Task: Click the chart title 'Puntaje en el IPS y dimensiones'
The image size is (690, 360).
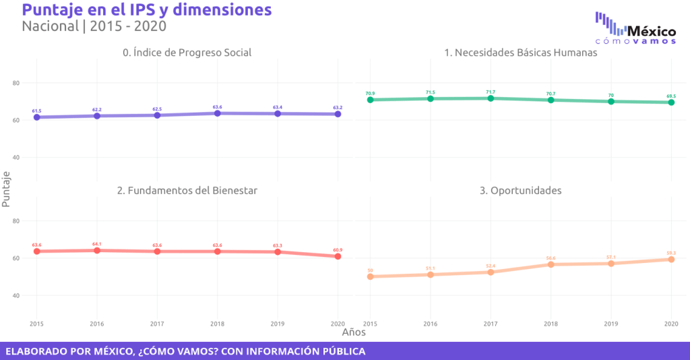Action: click(147, 10)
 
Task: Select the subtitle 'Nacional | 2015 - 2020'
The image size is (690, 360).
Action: click(94, 27)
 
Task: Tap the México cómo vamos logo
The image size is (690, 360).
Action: click(635, 28)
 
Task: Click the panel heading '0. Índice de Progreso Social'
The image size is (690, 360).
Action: click(187, 53)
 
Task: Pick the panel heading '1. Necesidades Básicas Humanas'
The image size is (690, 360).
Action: click(521, 53)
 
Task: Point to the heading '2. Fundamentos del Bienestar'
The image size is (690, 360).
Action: click(187, 191)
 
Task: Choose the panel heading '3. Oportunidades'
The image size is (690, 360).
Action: click(520, 191)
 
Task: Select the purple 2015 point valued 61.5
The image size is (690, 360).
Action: click(37, 117)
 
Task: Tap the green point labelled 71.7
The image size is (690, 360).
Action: click(491, 98)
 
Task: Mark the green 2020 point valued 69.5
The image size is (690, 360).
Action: click(671, 102)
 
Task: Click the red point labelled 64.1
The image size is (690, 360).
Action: click(97, 250)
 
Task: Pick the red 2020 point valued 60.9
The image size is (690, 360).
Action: click(338, 256)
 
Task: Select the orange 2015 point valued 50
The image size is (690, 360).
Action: click(371, 276)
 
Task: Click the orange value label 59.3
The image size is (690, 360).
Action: click(671, 253)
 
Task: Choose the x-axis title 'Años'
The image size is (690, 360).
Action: click(354, 332)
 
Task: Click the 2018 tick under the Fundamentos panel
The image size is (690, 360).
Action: click(218, 324)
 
